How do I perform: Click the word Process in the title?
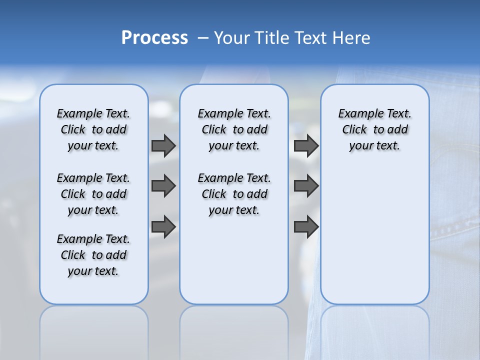(154, 38)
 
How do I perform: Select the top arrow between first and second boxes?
(163, 145)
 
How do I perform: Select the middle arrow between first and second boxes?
(163, 186)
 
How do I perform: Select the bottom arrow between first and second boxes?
(163, 226)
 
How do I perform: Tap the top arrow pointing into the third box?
(306, 145)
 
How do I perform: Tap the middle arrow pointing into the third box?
(306, 186)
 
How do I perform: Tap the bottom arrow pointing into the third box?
(306, 226)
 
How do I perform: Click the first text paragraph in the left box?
(93, 129)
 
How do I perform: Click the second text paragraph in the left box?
(93, 194)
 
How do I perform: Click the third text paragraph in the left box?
(93, 255)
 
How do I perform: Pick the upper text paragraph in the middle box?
(234, 129)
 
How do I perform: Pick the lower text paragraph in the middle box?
(234, 194)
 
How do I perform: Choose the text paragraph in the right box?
(374, 129)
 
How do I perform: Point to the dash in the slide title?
(203, 38)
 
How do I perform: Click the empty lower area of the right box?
(374, 240)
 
